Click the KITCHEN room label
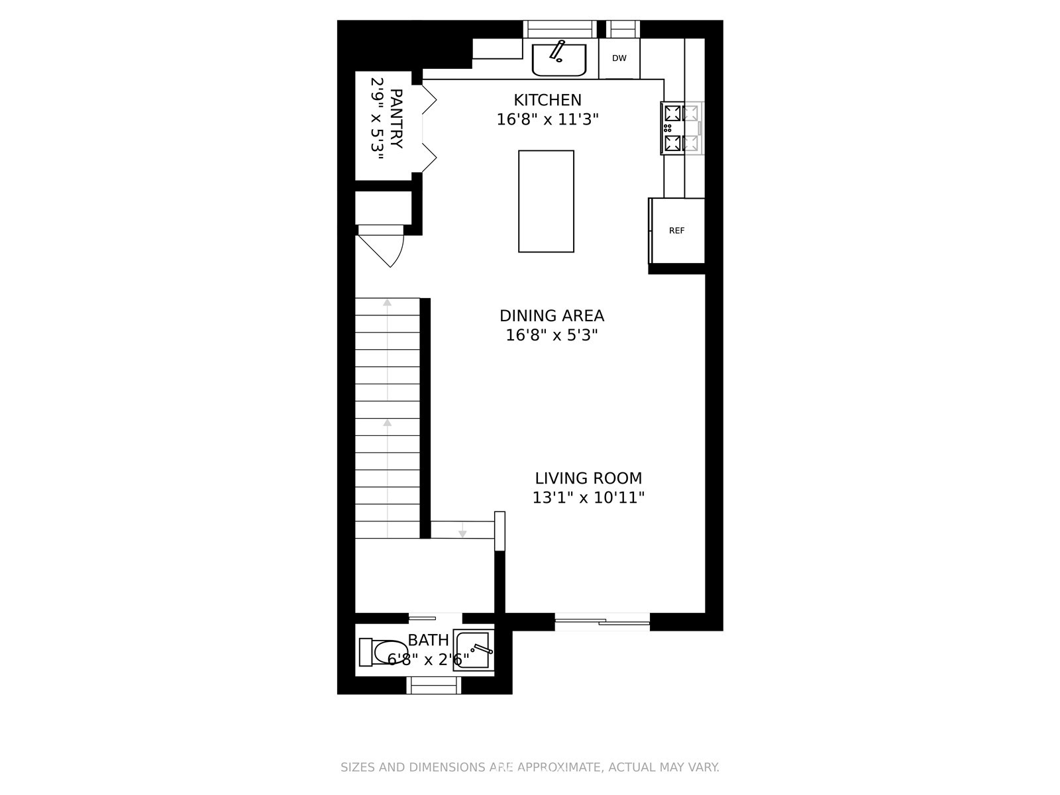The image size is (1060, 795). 547,100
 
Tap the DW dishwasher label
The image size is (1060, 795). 619,58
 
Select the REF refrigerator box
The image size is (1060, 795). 676,231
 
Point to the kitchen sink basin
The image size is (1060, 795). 559,60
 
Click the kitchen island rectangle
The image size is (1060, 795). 546,201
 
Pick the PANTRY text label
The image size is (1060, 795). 396,119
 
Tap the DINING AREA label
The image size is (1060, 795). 551,316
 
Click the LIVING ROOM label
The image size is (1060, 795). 588,478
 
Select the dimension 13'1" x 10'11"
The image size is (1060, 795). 588,498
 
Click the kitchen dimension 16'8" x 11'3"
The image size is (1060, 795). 547,119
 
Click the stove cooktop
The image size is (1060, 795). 682,128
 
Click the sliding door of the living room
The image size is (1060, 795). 602,621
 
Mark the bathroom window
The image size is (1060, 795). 434,685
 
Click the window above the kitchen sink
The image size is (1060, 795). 560,29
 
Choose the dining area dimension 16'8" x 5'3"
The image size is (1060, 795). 551,335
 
